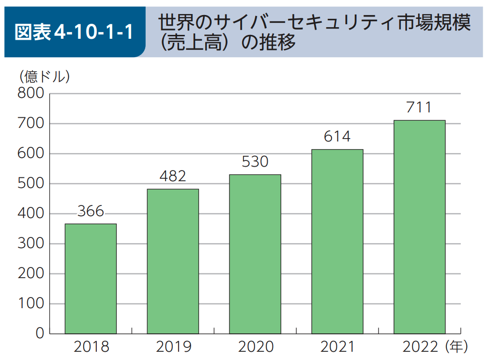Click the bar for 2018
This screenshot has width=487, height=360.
click(x=91, y=279)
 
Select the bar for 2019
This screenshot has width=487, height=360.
click(x=173, y=261)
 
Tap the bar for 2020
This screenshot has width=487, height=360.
click(x=255, y=254)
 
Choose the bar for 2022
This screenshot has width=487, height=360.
click(x=419, y=227)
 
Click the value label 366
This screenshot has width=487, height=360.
click(x=91, y=211)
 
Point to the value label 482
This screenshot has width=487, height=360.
click(x=173, y=176)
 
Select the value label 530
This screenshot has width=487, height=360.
click(x=255, y=161)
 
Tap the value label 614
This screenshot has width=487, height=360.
click(x=337, y=136)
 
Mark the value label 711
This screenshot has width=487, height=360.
click(x=419, y=107)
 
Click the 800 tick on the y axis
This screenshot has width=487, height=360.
click(x=30, y=93)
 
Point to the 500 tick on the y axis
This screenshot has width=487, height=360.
click(x=30, y=184)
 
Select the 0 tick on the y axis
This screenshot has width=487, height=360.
click(x=39, y=333)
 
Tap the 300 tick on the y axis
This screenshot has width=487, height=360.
click(x=30, y=244)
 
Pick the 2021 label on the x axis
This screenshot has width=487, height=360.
click(x=337, y=347)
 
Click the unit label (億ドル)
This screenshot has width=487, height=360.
click(x=45, y=77)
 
